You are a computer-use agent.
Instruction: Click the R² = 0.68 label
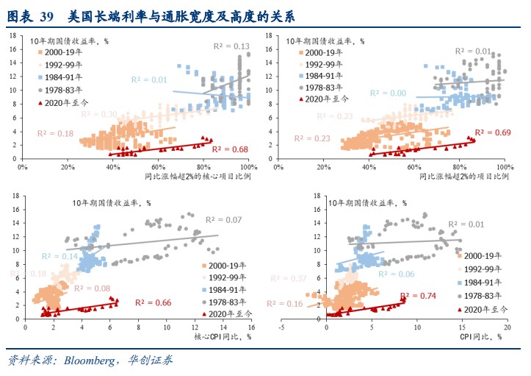(230, 149)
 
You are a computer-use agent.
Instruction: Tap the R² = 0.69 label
(493, 132)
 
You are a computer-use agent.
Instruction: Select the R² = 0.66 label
(153, 303)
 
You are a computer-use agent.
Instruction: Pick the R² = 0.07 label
(224, 220)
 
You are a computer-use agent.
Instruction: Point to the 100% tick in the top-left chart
(250, 169)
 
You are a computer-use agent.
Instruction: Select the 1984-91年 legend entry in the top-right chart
(325, 76)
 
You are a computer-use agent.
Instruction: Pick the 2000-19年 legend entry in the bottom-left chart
(225, 266)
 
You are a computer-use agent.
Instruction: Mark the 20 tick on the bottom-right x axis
(507, 327)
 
